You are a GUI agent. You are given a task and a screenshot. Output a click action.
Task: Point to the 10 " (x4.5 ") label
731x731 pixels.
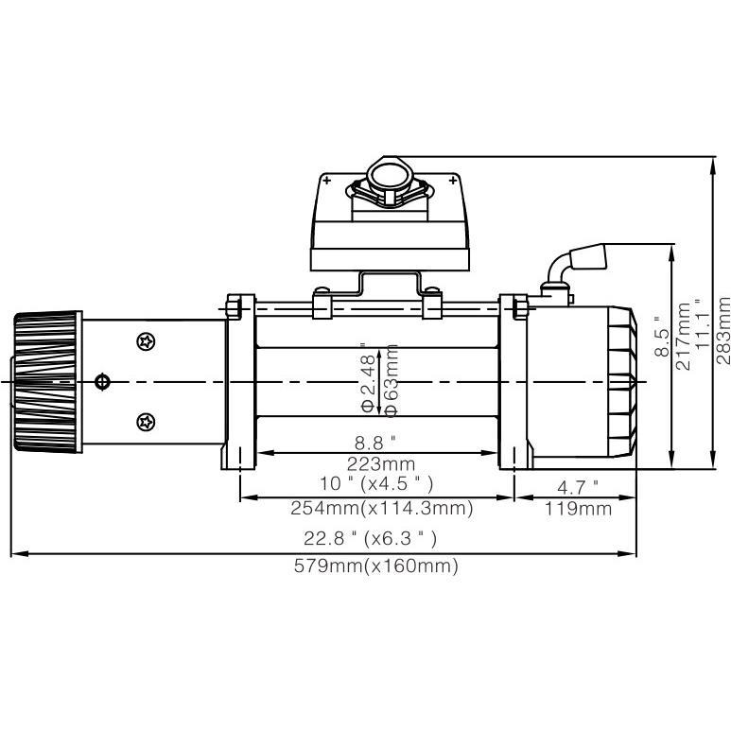tap(375, 484)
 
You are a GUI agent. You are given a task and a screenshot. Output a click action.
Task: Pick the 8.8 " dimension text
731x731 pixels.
tap(375, 441)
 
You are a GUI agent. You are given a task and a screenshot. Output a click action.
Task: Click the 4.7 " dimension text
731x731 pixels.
tap(575, 487)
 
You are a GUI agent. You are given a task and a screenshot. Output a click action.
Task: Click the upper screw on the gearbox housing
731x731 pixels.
tap(146, 340)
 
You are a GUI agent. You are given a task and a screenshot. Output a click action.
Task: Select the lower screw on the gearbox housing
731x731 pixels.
tap(146, 421)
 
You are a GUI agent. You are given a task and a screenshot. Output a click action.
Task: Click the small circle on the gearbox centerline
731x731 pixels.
tap(103, 381)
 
